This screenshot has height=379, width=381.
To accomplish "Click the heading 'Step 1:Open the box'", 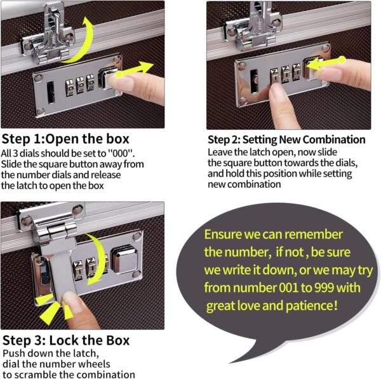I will (x=65, y=139).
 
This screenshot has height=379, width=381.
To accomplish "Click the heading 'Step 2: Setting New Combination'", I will (x=286, y=139).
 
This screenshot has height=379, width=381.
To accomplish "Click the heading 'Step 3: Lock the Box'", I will (x=66, y=340).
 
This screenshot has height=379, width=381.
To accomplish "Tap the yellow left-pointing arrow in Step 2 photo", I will (x=326, y=62).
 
